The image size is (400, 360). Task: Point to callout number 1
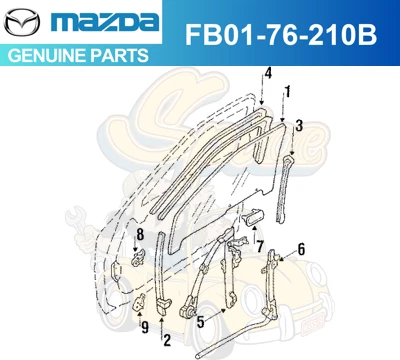click(x=288, y=91)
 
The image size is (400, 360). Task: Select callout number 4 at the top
click(x=268, y=72)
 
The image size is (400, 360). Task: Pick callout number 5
click(x=201, y=321)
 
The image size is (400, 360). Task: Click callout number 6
click(x=301, y=249)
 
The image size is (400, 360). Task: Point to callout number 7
click(x=259, y=246)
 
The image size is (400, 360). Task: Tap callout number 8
click(x=140, y=234)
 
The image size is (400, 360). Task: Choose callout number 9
click(x=144, y=326)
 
